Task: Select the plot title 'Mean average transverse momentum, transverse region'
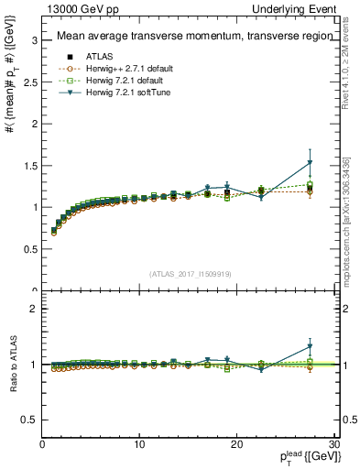[x=188, y=37]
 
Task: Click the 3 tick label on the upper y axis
[x=34, y=40]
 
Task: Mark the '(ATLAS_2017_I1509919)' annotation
[x=189, y=273]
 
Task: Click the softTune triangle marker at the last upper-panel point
[x=310, y=164]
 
